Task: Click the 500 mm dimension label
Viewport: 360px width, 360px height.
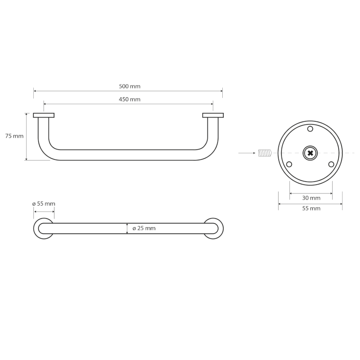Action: tap(130, 86)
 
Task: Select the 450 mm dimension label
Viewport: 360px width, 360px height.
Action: tap(130, 99)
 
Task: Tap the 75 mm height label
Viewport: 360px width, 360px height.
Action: tap(14, 136)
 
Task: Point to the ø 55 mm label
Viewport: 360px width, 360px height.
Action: tap(44, 203)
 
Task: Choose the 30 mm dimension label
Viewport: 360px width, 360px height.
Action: tap(311, 198)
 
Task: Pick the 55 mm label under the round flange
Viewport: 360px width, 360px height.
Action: tap(311, 208)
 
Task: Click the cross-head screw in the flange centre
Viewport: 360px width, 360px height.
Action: tap(310, 153)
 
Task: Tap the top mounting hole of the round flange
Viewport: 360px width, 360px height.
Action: tap(310, 129)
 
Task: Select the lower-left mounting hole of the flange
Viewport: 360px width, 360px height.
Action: tap(289, 164)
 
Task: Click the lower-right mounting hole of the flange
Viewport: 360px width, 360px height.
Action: tap(331, 164)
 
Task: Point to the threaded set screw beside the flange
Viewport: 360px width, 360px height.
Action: tap(265, 153)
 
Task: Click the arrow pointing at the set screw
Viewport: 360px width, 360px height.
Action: tap(247, 153)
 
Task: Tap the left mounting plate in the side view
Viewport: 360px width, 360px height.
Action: tap(44, 115)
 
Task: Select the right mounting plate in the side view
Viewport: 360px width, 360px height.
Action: tap(213, 115)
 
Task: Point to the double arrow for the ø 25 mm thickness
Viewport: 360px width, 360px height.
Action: tap(127, 229)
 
